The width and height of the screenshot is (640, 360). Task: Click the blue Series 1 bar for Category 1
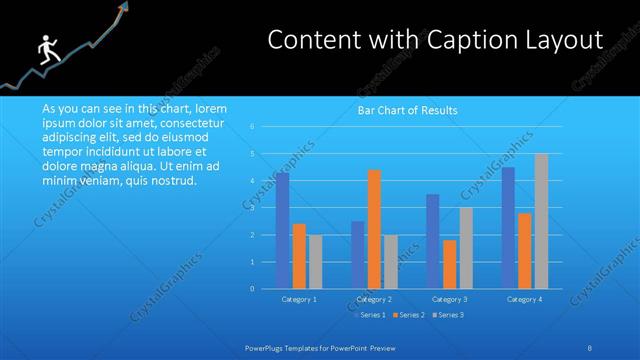coord(283,231)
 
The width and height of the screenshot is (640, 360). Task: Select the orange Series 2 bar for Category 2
coord(374,229)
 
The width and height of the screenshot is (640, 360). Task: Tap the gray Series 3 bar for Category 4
coord(541,221)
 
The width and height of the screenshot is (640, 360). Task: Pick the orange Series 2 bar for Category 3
coord(449,264)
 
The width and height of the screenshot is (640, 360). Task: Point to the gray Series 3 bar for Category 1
coord(315,262)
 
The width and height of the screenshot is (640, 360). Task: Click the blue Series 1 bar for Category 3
coord(432,241)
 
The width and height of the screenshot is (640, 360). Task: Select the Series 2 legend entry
coord(408,315)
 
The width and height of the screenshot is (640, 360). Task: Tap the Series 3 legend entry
coord(448,315)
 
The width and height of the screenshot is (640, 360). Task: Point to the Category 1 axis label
coord(300,299)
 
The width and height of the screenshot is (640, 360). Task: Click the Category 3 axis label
coord(449,299)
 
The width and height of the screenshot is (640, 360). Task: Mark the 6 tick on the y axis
coord(266,127)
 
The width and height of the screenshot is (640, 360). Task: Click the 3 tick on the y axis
coord(266,208)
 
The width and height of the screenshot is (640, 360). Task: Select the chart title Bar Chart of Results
coord(408,111)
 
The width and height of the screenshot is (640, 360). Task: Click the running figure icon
coord(45,51)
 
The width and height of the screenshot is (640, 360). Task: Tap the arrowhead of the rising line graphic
coord(127,8)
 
